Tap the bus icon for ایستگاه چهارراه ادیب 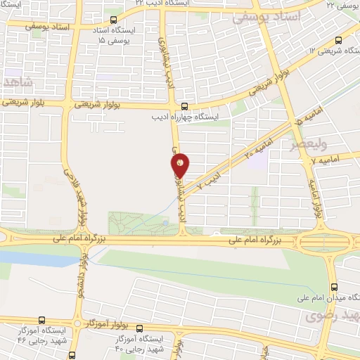tap(176, 106)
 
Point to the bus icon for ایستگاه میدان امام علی tap(333, 287)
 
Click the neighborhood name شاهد tap(18, 82)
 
